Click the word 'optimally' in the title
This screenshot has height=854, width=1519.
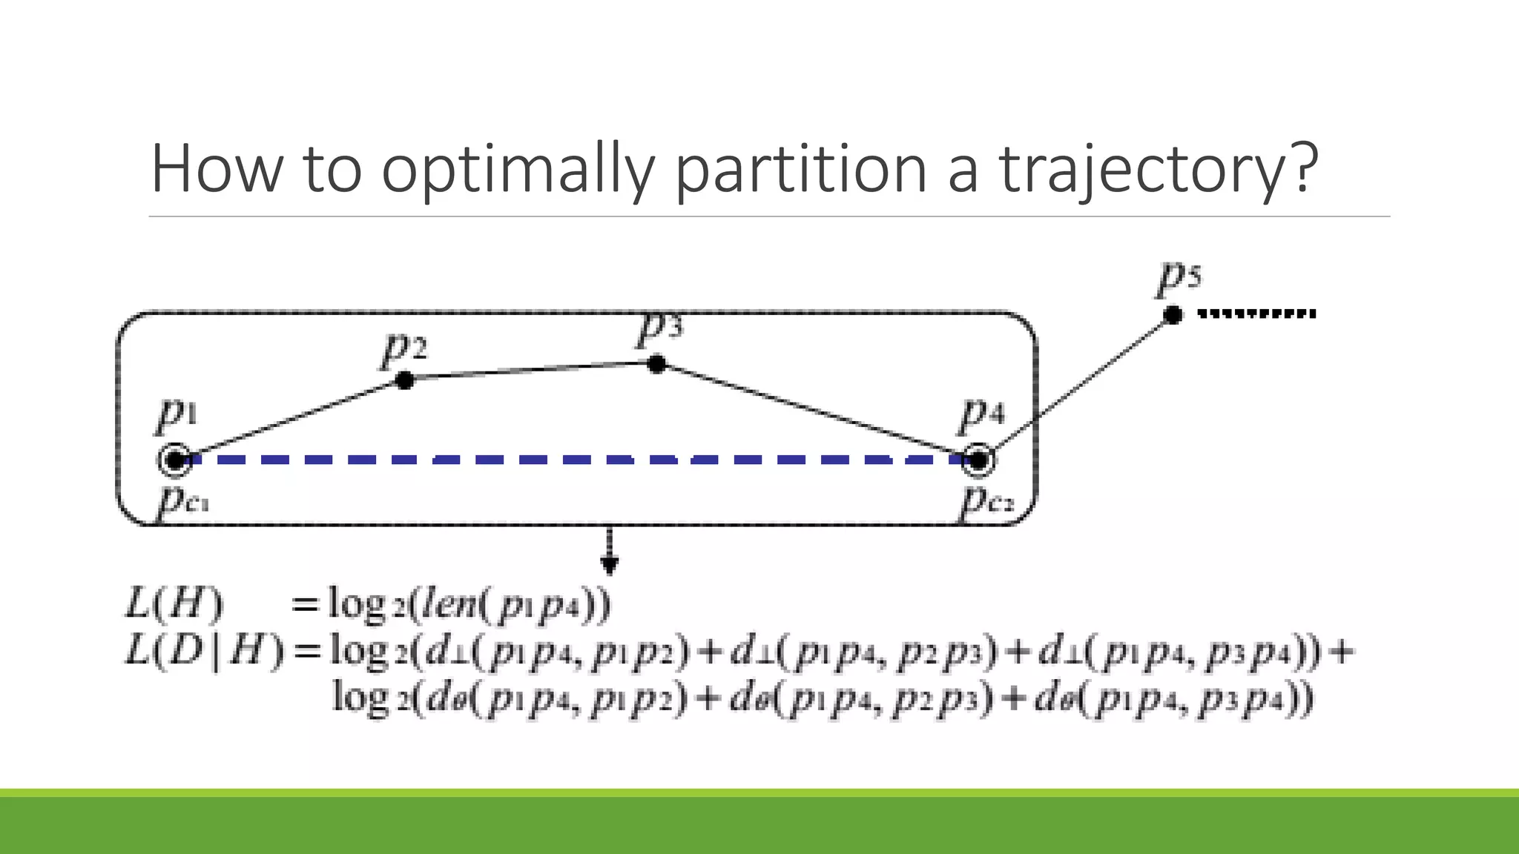[518, 170]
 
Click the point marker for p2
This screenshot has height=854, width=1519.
[404, 380]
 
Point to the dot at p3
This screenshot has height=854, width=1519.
[656, 363]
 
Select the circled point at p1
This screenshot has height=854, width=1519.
[175, 460]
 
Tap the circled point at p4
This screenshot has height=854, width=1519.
[978, 460]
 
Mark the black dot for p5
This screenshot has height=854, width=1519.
[1173, 315]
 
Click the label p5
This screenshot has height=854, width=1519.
[1179, 278]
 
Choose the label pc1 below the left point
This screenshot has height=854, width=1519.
[183, 500]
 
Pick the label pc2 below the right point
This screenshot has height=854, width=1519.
[986, 500]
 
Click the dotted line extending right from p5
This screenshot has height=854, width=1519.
[1257, 314]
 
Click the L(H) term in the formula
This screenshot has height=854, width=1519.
[174, 603]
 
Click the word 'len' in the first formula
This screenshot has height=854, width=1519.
[448, 603]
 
